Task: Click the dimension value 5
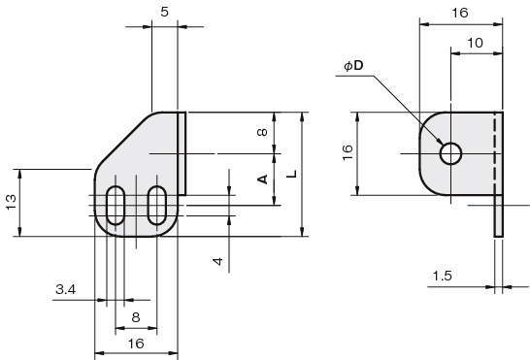(164, 13)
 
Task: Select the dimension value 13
(11, 202)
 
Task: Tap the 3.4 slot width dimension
(66, 289)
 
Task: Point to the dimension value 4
(218, 261)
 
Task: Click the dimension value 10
(475, 43)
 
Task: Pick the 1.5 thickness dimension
(443, 276)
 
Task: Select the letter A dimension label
(263, 180)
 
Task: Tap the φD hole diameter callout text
(354, 65)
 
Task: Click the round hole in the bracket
(451, 144)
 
